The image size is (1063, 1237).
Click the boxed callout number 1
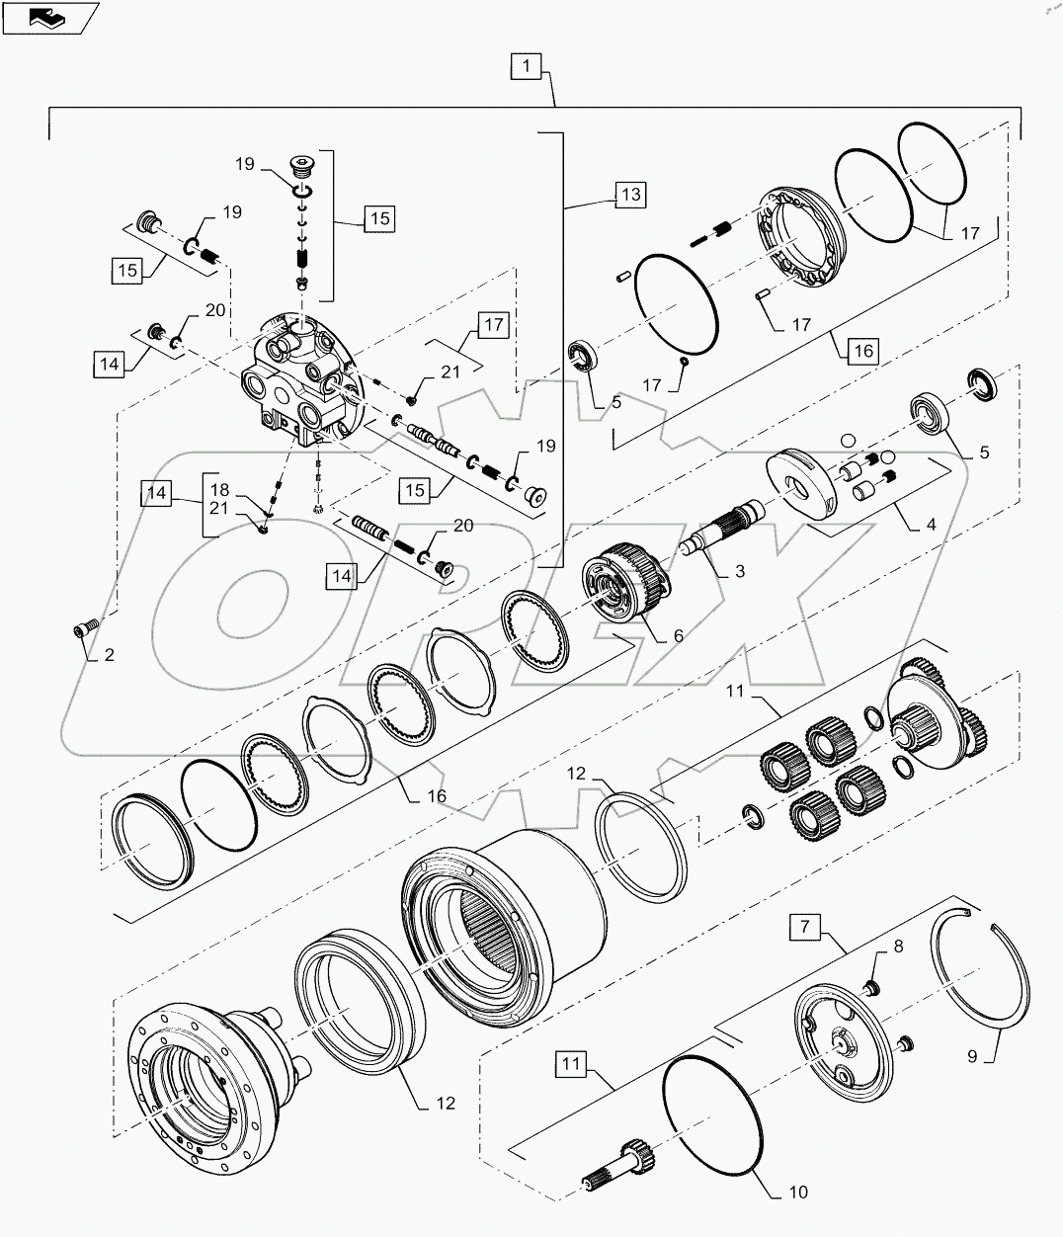click(527, 67)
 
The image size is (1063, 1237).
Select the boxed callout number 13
click(630, 194)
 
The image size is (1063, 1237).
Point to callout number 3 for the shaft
click(739, 571)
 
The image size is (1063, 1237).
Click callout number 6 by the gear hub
click(678, 635)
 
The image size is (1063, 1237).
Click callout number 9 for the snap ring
click(972, 1056)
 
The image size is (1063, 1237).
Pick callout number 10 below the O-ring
click(798, 1193)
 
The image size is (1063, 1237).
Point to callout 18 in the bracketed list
click(218, 489)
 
